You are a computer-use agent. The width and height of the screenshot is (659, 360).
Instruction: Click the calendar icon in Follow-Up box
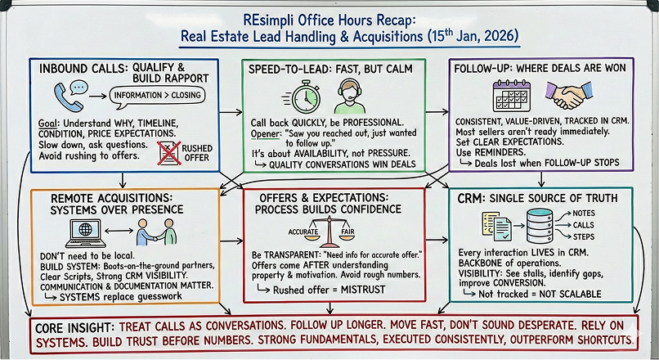point(513,96)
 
